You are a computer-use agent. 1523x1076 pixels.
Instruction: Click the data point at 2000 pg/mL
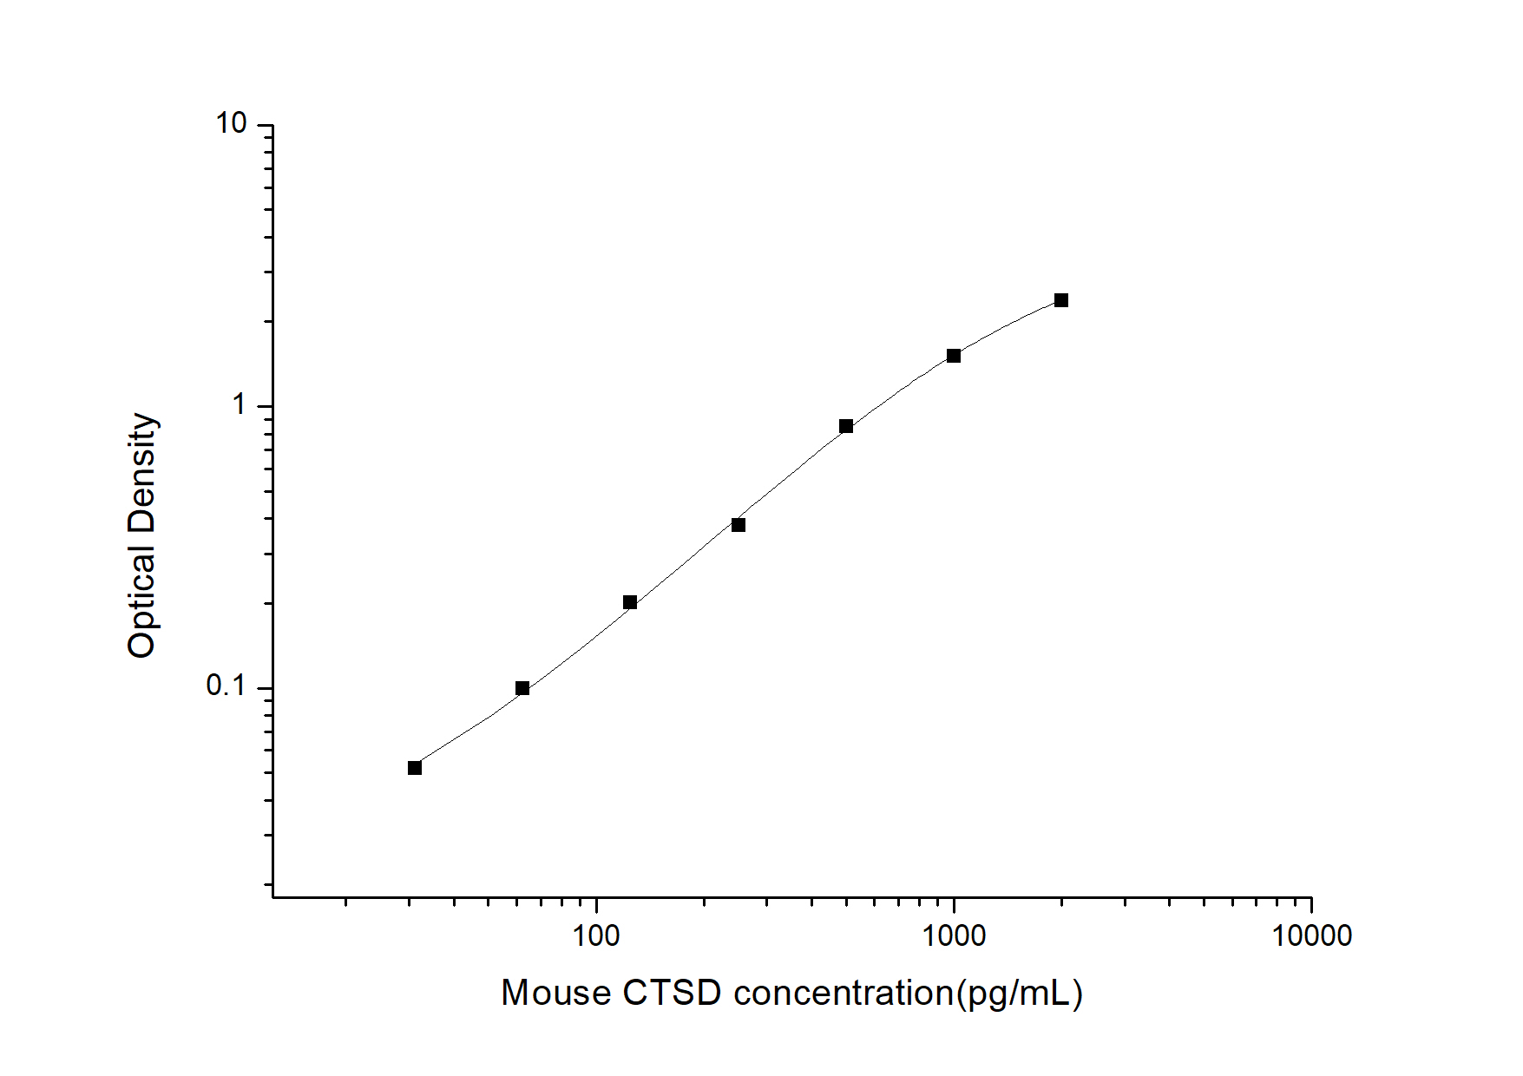click(1060, 300)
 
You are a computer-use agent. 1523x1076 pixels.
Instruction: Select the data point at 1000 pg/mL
click(954, 356)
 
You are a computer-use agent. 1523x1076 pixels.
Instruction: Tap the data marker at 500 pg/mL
click(846, 426)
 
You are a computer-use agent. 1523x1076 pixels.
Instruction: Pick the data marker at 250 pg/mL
click(739, 525)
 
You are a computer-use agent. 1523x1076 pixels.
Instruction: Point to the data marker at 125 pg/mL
click(630, 602)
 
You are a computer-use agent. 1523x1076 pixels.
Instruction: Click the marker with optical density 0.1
click(522, 688)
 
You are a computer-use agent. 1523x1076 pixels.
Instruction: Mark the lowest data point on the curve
click(415, 768)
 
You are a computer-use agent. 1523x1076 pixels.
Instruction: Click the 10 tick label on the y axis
click(232, 125)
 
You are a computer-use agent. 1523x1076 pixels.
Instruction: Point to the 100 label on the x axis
click(596, 936)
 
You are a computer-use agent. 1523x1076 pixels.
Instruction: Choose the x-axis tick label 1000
click(954, 936)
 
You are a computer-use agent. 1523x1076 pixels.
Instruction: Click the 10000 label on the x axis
click(1311, 936)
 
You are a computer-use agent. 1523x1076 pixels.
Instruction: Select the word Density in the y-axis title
click(141, 474)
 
